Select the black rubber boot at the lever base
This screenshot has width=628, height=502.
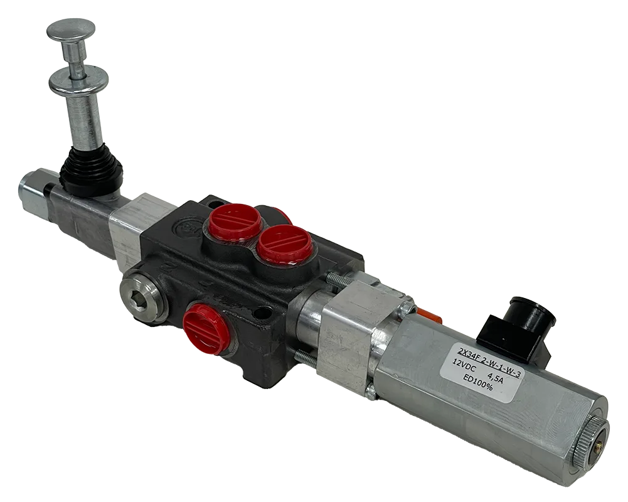[x=89, y=170]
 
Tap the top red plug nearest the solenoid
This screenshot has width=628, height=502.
[x=285, y=243]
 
